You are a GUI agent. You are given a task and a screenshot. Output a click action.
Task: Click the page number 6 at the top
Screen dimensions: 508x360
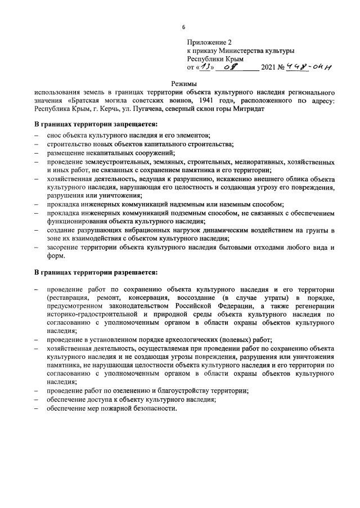pos(183,27)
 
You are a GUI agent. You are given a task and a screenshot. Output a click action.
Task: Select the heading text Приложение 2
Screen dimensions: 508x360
pos(209,42)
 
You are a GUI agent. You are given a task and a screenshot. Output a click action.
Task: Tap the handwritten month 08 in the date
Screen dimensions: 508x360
pos(238,66)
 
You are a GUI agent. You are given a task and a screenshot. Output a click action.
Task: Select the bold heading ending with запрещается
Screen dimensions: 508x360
pos(96,124)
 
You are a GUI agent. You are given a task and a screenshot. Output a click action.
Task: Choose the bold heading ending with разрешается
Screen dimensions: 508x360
pos(96,273)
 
